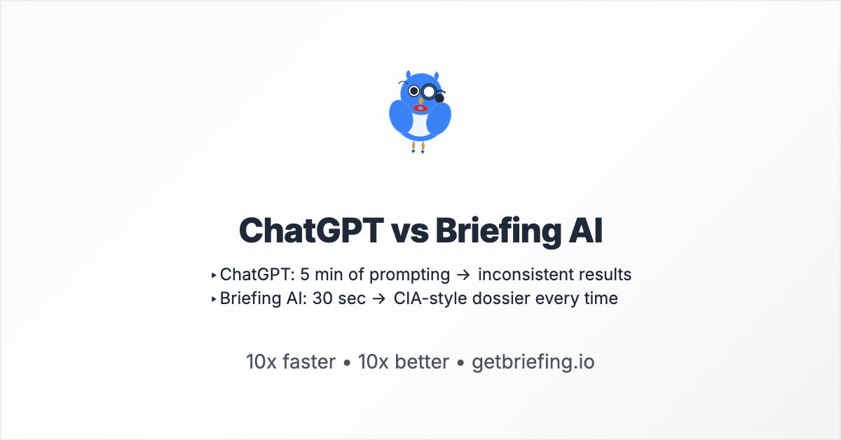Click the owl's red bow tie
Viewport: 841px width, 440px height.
click(x=420, y=109)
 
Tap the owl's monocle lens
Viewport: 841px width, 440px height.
click(x=429, y=91)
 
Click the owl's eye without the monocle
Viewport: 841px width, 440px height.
click(x=413, y=91)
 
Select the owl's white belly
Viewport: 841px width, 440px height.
click(x=420, y=126)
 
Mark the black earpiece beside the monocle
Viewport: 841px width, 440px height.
click(x=440, y=97)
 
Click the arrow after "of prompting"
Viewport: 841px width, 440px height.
click(x=463, y=275)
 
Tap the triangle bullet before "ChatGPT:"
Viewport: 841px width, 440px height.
click(x=214, y=275)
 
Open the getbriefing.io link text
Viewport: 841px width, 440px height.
click(x=533, y=362)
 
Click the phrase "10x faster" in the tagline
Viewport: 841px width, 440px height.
click(x=290, y=362)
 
